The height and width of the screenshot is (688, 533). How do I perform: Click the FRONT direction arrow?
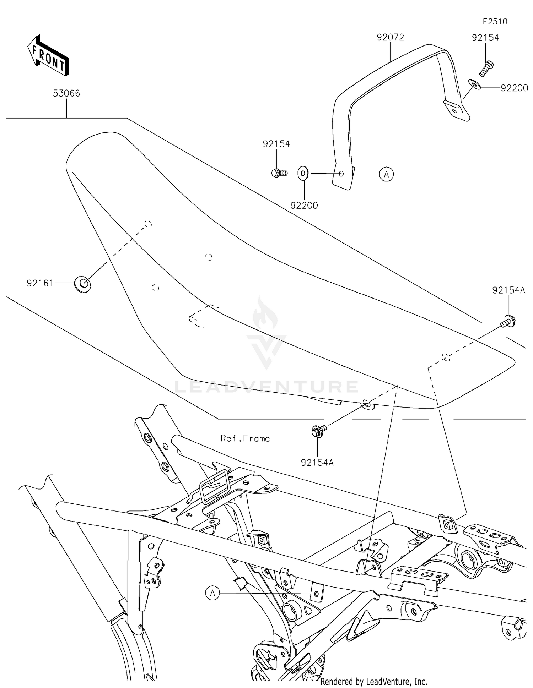click(x=48, y=56)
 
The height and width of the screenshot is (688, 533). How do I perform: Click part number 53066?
click(x=66, y=93)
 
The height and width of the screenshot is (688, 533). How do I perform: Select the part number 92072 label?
click(x=391, y=37)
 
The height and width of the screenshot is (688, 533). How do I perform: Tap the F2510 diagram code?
click(x=495, y=22)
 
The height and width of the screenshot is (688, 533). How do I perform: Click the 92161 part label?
click(x=40, y=283)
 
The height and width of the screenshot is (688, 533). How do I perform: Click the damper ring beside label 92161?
click(x=82, y=284)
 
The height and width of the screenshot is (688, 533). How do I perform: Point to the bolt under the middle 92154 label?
click(x=279, y=173)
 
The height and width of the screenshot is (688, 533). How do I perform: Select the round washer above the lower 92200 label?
click(x=303, y=174)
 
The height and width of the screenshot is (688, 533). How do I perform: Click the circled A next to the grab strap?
click(x=386, y=174)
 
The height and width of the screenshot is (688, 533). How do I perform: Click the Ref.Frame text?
click(x=245, y=438)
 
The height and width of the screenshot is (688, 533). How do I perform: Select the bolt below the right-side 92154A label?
click(x=508, y=321)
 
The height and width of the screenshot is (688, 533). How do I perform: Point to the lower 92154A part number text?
click(x=317, y=463)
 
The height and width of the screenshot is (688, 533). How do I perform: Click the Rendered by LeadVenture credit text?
click(x=373, y=682)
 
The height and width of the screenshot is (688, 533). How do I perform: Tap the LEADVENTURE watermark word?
click(x=266, y=387)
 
